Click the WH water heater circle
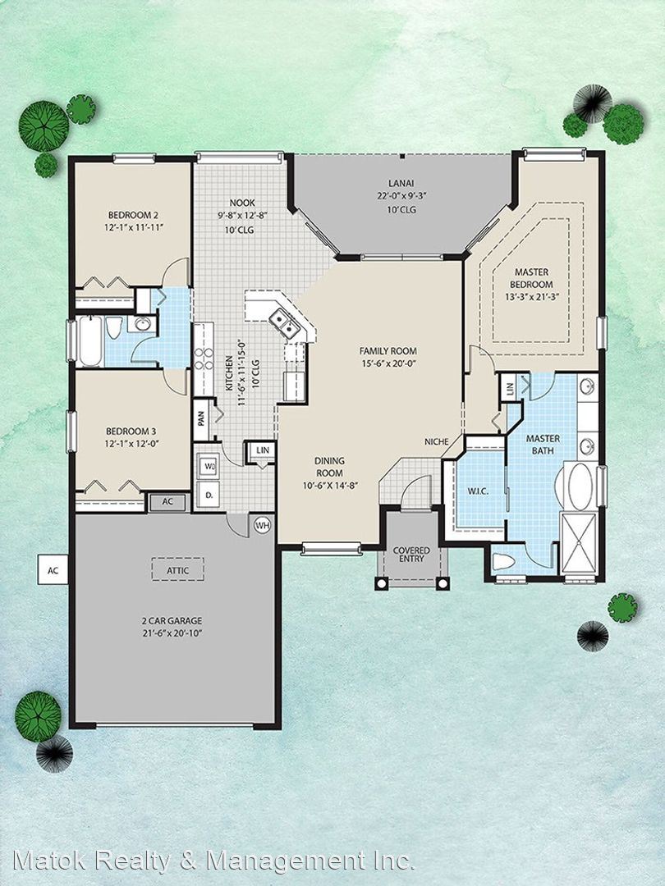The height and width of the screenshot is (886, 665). click(x=262, y=526)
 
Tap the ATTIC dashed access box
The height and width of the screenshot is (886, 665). click(x=177, y=569)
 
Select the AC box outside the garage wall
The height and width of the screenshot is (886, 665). click(x=53, y=570)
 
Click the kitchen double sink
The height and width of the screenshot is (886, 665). click(x=284, y=323)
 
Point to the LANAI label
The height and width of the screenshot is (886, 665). click(x=401, y=183)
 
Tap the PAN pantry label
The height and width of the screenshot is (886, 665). click(x=201, y=418)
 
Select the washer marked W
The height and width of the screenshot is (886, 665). click(x=209, y=467)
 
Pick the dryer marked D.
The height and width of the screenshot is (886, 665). click(x=209, y=496)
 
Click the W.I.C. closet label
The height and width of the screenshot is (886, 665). click(x=478, y=491)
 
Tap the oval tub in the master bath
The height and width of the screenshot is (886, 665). click(x=580, y=487)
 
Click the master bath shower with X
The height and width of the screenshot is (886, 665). click(x=578, y=543)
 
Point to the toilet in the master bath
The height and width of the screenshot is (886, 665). click(x=503, y=562)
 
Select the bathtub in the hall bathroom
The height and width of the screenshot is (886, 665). click(x=90, y=341)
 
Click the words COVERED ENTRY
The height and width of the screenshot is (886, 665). click(x=411, y=555)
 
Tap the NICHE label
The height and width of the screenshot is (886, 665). click(x=437, y=442)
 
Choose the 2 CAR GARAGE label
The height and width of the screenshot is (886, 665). click(x=172, y=620)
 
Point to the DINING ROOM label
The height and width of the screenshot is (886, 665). click(x=330, y=467)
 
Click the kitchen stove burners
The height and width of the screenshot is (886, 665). click(x=204, y=359)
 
